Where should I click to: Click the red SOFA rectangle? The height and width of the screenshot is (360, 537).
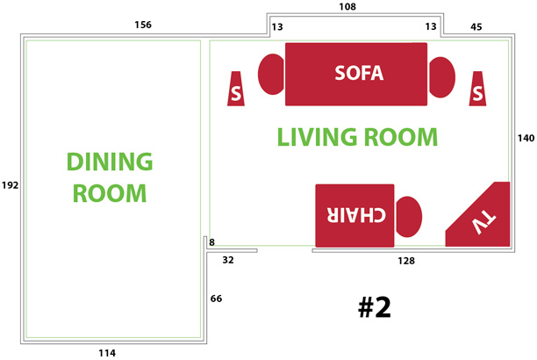point(356,74)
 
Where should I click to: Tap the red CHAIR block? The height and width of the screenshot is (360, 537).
point(354,216)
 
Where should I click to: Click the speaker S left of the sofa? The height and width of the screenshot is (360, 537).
point(236,89)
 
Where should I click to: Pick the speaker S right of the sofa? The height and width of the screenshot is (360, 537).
point(477,89)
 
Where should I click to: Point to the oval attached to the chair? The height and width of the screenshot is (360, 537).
point(409,217)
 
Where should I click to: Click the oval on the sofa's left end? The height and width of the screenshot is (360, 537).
point(271,74)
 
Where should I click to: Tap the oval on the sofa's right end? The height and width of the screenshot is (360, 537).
point(442,77)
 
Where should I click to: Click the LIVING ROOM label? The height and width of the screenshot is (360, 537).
point(357,137)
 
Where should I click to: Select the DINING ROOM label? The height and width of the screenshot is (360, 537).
point(110,177)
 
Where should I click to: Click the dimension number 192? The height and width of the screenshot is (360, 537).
point(10,185)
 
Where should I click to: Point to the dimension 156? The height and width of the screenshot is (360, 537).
point(143,25)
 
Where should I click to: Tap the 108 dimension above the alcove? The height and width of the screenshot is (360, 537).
point(347,7)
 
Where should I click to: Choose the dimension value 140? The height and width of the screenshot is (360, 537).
point(526,138)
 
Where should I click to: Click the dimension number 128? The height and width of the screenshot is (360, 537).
point(406,261)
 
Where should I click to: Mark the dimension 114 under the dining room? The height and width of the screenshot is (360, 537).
point(107,353)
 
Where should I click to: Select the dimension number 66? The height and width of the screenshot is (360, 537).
point(216,299)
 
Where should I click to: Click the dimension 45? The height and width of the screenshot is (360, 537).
point(476,26)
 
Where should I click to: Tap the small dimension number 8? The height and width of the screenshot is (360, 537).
point(212,242)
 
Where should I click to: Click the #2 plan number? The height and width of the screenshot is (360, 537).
point(375,307)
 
